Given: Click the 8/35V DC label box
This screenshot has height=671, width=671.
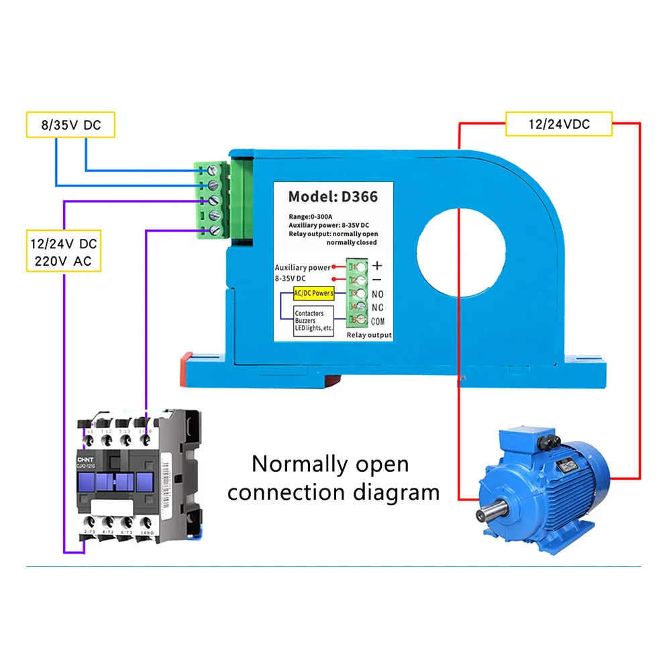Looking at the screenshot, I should (x=70, y=125).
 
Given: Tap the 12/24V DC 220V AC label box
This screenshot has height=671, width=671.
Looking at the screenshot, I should (x=64, y=251).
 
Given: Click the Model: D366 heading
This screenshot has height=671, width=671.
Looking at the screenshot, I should (x=333, y=197).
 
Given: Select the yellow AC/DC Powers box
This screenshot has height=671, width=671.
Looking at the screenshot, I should (x=314, y=294).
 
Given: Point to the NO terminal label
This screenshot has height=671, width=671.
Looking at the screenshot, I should (x=377, y=294).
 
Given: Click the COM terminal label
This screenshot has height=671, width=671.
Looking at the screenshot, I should (x=377, y=321).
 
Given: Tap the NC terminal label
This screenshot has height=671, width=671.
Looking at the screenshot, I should (x=377, y=307).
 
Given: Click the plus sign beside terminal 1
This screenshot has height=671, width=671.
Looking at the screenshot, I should (x=377, y=266).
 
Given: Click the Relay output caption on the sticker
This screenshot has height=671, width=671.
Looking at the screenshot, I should (x=369, y=335).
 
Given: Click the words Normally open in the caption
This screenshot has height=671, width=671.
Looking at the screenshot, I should (x=330, y=464).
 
